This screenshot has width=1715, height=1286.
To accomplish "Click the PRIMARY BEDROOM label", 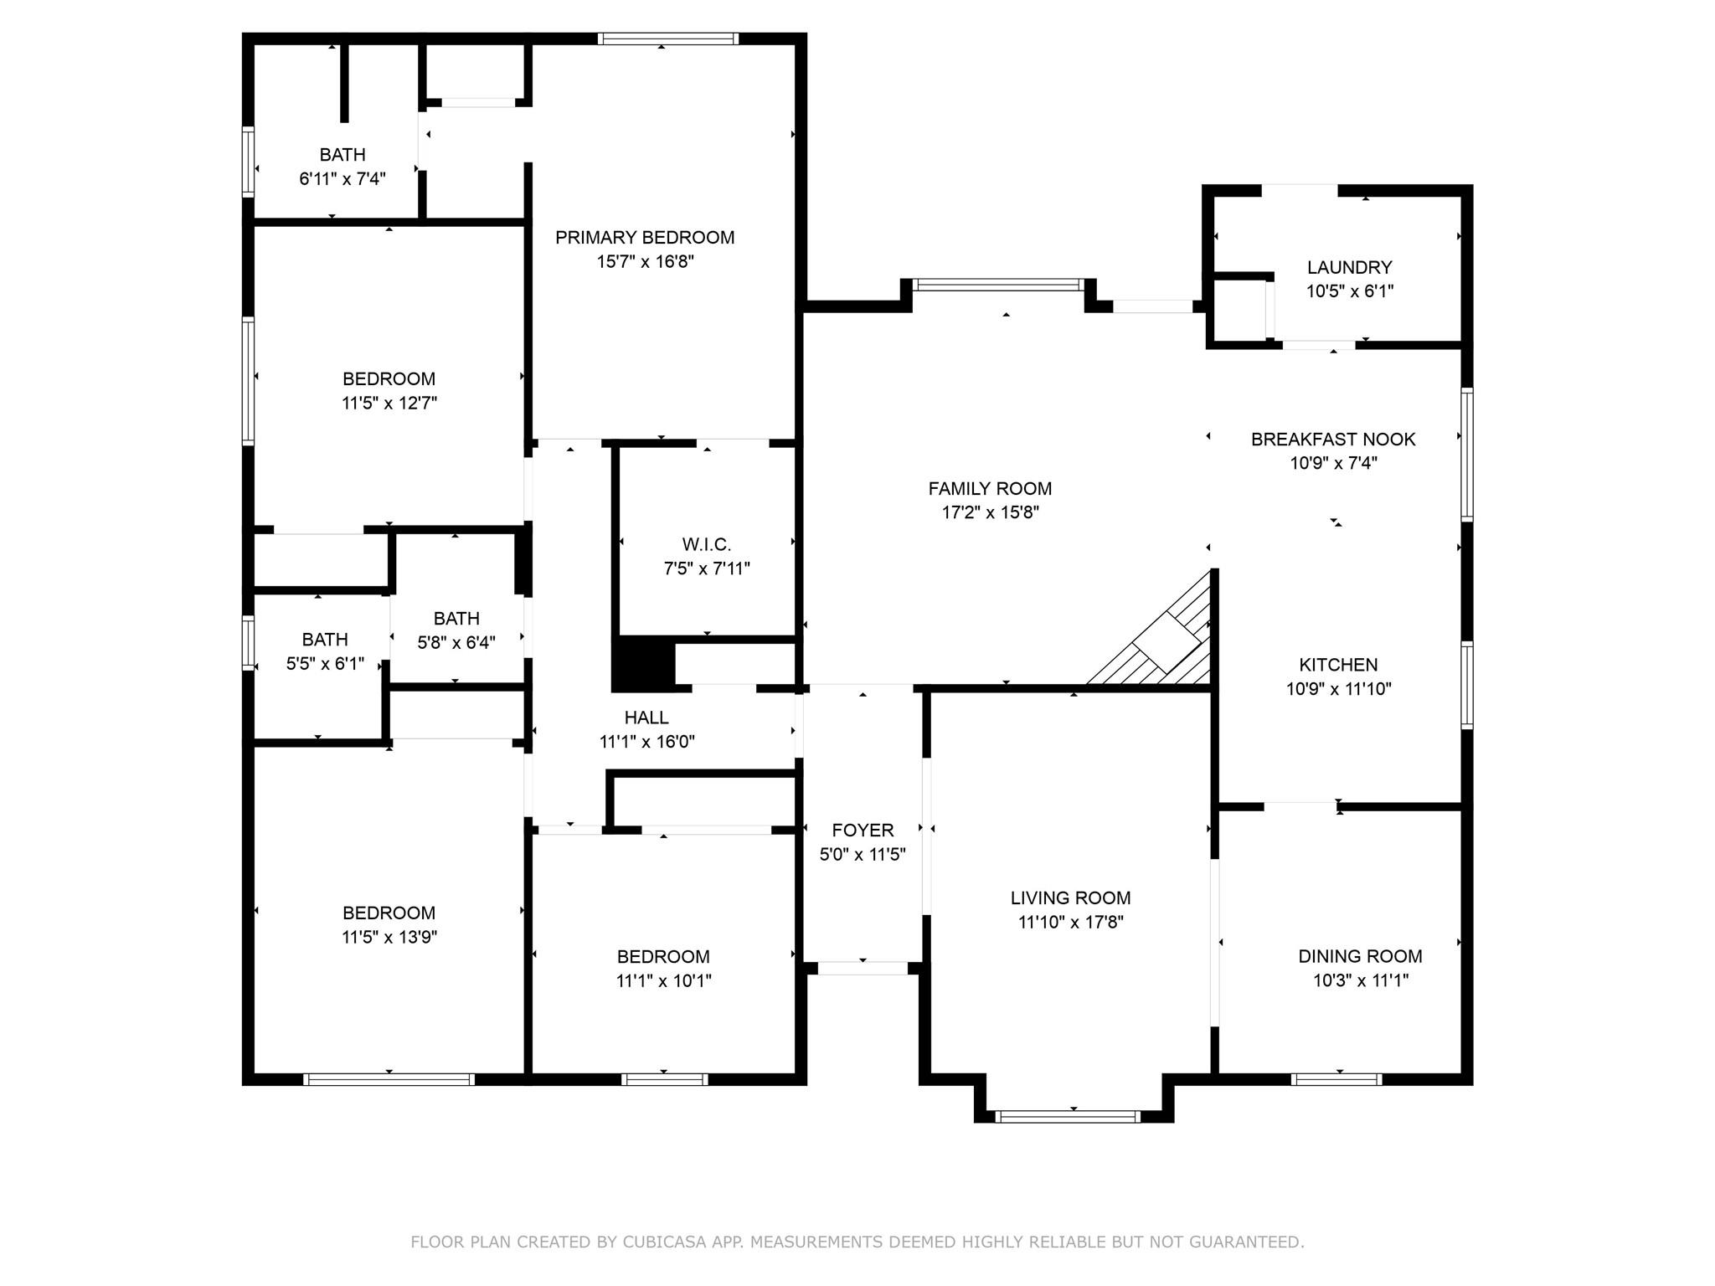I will [x=645, y=238].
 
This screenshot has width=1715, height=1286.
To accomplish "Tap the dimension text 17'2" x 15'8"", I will [x=990, y=512].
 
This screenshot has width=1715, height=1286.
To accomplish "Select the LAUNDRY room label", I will [x=1349, y=268].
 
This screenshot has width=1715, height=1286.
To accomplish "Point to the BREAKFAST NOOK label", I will [x=1333, y=440].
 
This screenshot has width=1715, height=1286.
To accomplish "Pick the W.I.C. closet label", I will [x=706, y=545].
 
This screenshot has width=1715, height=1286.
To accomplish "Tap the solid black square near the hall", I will [x=643, y=664].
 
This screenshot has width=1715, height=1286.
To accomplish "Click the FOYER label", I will [x=863, y=831].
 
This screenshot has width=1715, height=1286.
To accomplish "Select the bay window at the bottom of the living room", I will [x=1069, y=1116].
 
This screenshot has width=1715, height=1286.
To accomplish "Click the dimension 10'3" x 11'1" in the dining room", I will [x=1360, y=980].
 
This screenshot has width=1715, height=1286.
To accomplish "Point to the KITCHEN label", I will [x=1338, y=666].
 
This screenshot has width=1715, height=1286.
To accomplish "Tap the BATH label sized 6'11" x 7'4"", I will [x=342, y=155].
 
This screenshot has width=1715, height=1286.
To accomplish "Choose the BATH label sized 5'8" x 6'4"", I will [x=456, y=619].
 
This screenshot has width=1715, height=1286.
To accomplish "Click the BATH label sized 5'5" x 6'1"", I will [x=325, y=640].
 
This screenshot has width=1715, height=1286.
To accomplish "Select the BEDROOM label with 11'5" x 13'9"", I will [x=389, y=913].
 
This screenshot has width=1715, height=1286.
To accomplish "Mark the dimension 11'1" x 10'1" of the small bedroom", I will [x=664, y=980].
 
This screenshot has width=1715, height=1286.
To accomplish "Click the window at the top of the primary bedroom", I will [x=668, y=39].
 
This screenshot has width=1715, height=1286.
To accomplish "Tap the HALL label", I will [x=646, y=718].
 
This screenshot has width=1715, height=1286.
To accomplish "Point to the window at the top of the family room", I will [x=997, y=285].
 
